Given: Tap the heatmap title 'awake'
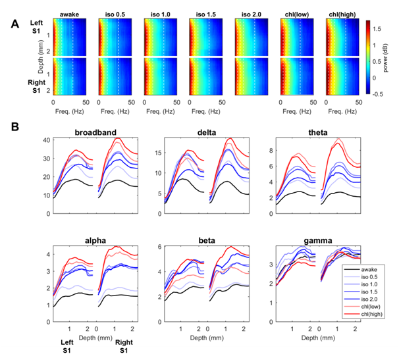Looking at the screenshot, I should click(x=69, y=14).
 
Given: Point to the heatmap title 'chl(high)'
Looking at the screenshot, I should click(x=342, y=14).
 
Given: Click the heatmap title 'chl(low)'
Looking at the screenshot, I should click(x=296, y=14).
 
